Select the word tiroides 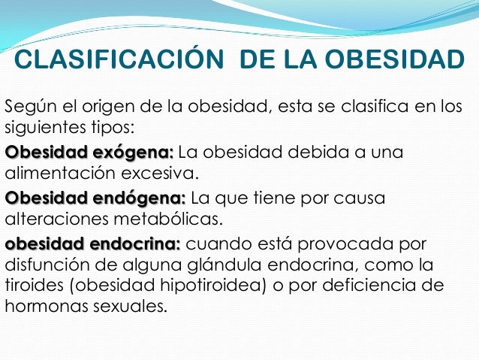click(x=31, y=286)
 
